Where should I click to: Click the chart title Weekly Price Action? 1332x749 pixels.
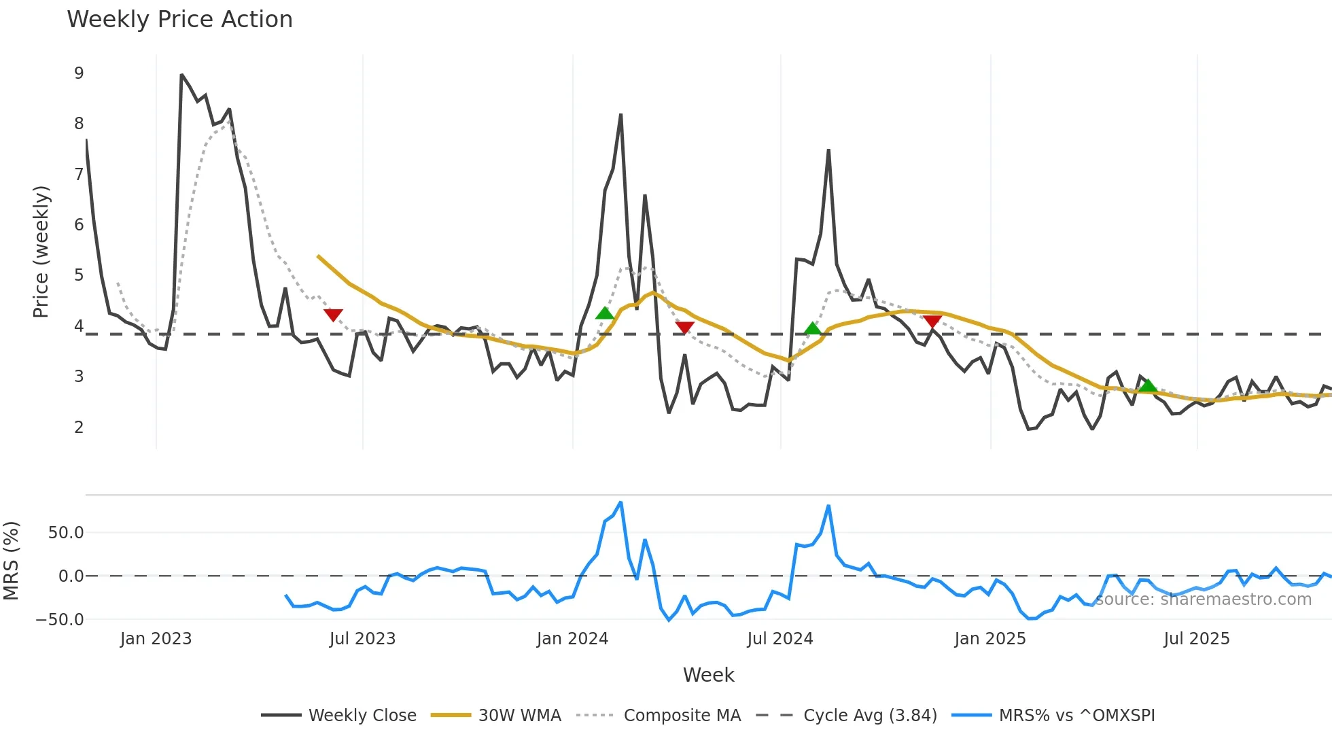click(x=179, y=20)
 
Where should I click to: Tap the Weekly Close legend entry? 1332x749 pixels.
click(x=362, y=715)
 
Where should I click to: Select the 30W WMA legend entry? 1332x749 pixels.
click(x=519, y=715)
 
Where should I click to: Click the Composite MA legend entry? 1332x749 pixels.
click(x=682, y=715)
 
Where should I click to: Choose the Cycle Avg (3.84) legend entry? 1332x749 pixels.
click(x=869, y=715)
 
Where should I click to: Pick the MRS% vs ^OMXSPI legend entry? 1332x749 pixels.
click(x=1076, y=715)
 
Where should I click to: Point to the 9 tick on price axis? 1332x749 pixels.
click(x=79, y=73)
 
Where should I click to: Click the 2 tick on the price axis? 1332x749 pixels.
click(x=79, y=427)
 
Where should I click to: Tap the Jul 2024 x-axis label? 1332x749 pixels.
click(x=779, y=639)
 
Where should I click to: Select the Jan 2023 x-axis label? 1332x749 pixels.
click(x=156, y=639)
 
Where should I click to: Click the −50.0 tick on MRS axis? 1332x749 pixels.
click(x=60, y=619)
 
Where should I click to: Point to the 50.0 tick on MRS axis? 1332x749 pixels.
click(x=66, y=533)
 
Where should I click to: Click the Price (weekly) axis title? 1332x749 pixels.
click(x=41, y=251)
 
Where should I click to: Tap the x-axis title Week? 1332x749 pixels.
click(x=708, y=675)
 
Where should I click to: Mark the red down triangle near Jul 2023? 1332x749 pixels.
click(x=333, y=315)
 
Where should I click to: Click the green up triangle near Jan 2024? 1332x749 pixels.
click(x=604, y=313)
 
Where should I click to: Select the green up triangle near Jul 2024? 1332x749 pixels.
click(x=812, y=329)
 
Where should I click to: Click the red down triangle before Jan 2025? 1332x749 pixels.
click(x=932, y=321)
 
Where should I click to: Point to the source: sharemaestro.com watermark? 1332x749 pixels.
click(x=1203, y=599)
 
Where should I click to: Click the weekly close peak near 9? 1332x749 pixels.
click(x=181, y=75)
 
